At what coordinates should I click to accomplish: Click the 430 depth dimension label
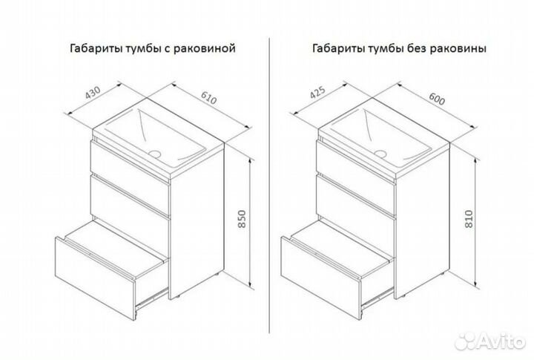pyautogui.click(x=93, y=92)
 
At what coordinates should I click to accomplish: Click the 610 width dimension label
pyautogui.click(x=208, y=98)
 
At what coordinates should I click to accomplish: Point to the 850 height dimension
pyautogui.click(x=241, y=219)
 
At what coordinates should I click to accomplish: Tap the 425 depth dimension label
pyautogui.click(x=317, y=92)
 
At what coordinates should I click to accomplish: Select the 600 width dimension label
pyautogui.click(x=437, y=99)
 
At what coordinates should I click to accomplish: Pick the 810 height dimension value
pyautogui.click(x=469, y=218)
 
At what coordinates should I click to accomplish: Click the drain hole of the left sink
pyautogui.click(x=155, y=154)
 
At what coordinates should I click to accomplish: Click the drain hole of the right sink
pyautogui.click(x=380, y=154)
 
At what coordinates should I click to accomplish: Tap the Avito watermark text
pyautogui.click(x=501, y=341)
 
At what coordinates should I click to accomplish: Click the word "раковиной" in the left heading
pyautogui.click(x=205, y=48)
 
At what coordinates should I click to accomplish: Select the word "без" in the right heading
pyautogui.click(x=417, y=48)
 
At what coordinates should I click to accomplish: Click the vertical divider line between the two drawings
pyautogui.click(x=269, y=186)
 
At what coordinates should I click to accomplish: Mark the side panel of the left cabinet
pyautogui.click(x=197, y=222)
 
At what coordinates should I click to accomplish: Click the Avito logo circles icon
pyautogui.click(x=466, y=339)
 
